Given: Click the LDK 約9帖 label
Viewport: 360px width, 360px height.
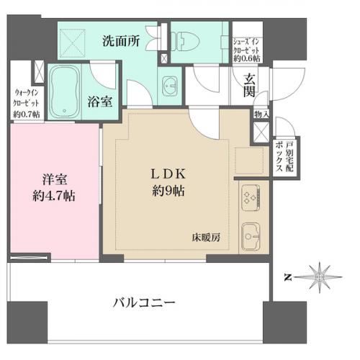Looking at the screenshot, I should pos(168,183).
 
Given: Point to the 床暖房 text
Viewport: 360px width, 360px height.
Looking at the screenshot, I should pos(206,236).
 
